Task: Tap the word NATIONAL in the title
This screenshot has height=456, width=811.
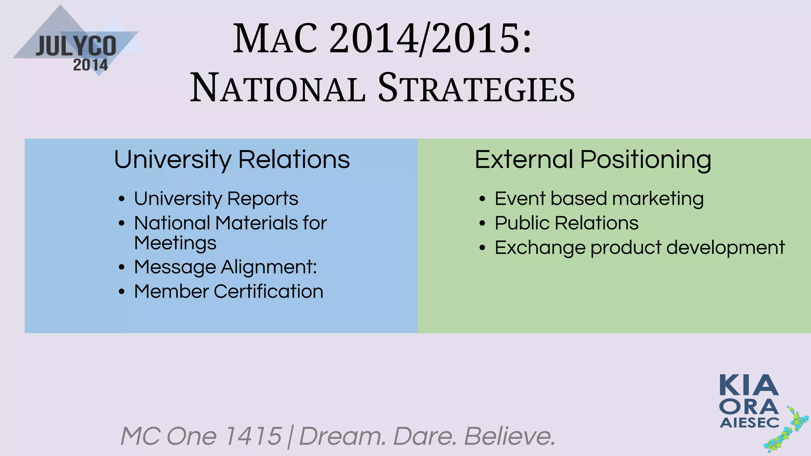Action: click(278, 88)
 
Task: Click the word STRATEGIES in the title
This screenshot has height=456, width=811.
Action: click(476, 88)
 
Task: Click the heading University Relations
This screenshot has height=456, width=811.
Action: click(232, 160)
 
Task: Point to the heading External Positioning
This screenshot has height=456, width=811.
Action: click(593, 160)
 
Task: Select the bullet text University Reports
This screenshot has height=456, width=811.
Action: click(216, 198)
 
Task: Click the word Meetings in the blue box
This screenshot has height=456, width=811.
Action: click(175, 243)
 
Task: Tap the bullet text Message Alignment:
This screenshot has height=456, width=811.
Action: click(225, 267)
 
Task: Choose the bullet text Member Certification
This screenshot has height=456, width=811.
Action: click(228, 291)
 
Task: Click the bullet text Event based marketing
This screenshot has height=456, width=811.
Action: click(599, 198)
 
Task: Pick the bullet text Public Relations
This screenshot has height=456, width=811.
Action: click(566, 223)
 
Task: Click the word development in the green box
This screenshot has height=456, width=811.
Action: click(725, 248)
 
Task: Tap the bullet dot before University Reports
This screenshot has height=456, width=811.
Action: click(122, 199)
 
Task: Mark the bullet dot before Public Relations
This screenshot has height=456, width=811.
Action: click(482, 224)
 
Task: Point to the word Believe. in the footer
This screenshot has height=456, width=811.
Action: click(510, 436)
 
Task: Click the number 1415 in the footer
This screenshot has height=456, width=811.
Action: click(253, 436)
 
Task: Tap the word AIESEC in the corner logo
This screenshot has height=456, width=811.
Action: click(749, 423)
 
